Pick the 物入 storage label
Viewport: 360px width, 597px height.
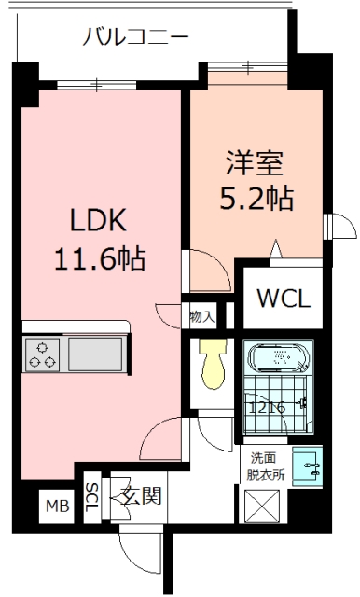201,317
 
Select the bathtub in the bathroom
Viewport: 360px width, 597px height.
278,359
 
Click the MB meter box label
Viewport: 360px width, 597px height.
59,507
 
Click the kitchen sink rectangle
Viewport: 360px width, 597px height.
94,354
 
